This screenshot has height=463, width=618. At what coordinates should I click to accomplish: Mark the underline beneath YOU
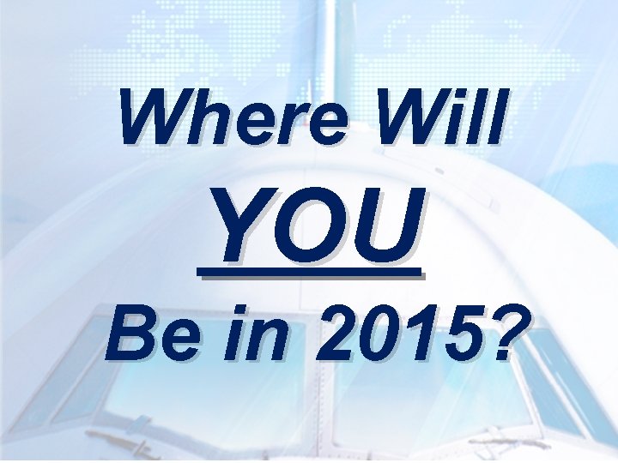pos(311,274)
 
